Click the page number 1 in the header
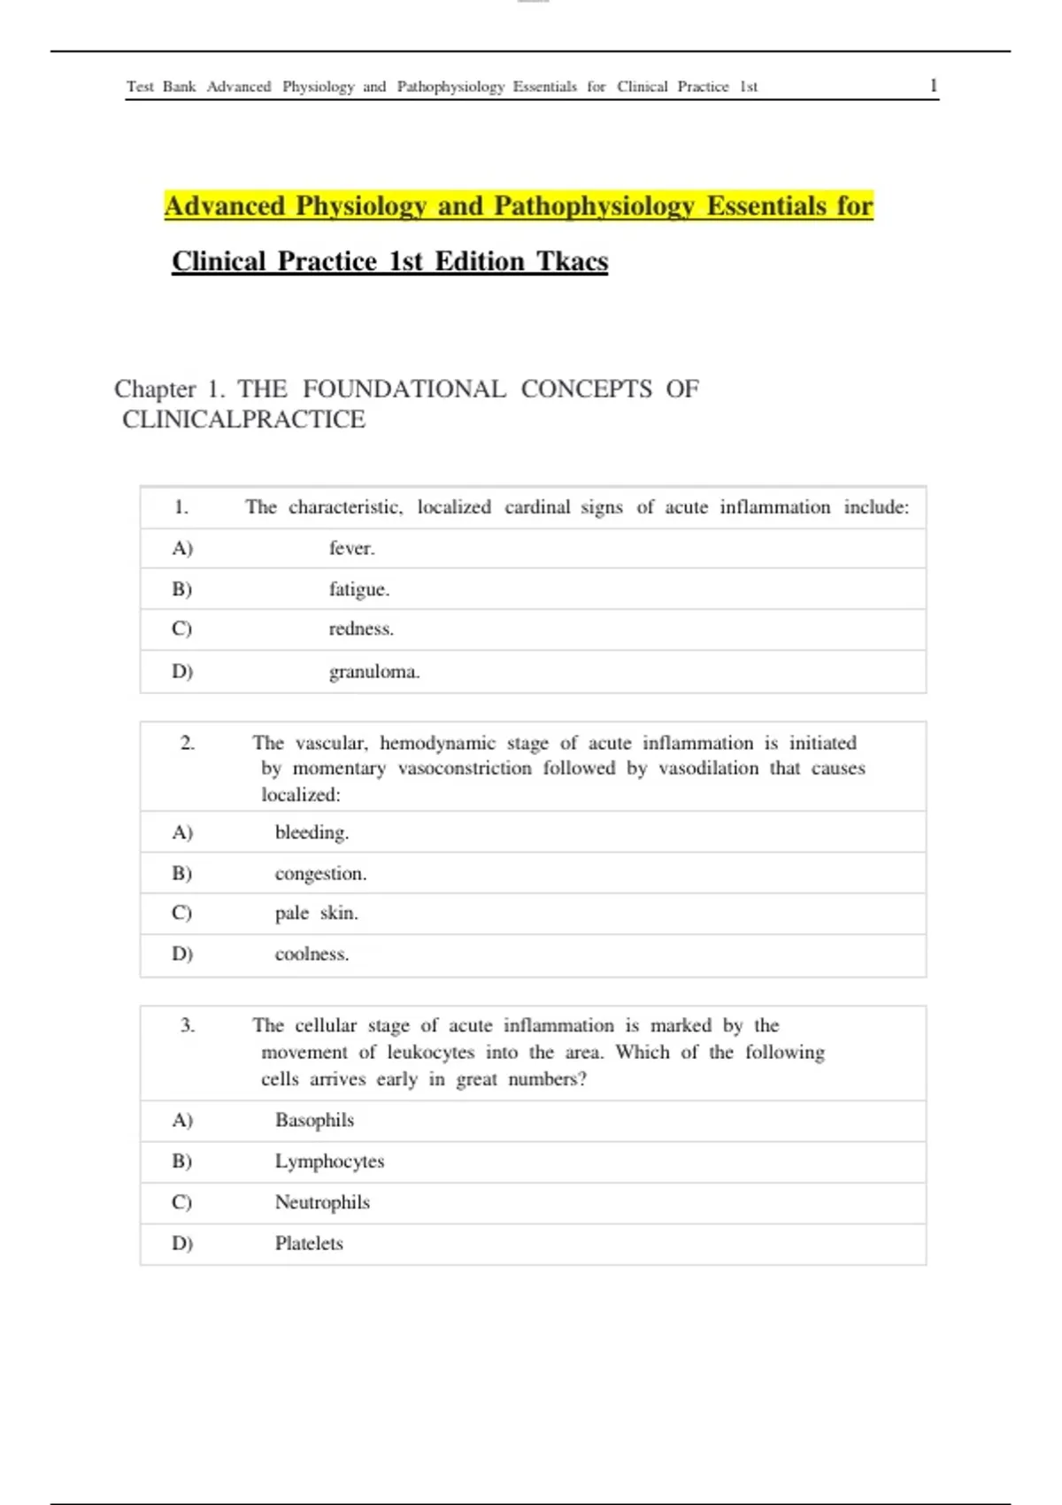point(933,86)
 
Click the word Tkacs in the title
point(573,261)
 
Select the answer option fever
point(351,548)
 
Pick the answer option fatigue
point(358,589)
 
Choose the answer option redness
point(361,629)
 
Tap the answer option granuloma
point(373,671)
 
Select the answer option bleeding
point(312,832)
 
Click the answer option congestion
point(320,873)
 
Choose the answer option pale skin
point(316,913)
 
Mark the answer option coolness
point(312,953)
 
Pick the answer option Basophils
point(314,1120)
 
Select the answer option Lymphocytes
point(329,1161)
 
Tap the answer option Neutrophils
point(322,1202)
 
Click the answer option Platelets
point(309,1243)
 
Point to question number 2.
point(188,743)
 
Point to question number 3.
point(188,1025)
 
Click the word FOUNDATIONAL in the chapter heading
point(404,389)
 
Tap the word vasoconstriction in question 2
point(465,768)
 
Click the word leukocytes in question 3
point(430,1053)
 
